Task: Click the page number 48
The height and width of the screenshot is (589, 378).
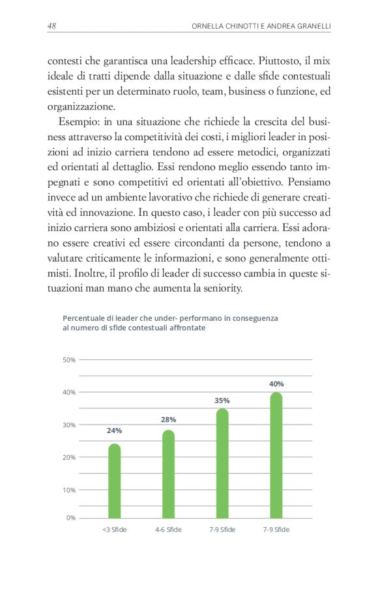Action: (x=52, y=26)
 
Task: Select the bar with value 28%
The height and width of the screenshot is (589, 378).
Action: (x=168, y=474)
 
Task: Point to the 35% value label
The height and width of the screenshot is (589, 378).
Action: (x=222, y=400)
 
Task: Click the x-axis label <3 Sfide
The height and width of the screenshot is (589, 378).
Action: (x=115, y=530)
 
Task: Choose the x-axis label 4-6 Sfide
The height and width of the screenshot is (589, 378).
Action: (x=168, y=530)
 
